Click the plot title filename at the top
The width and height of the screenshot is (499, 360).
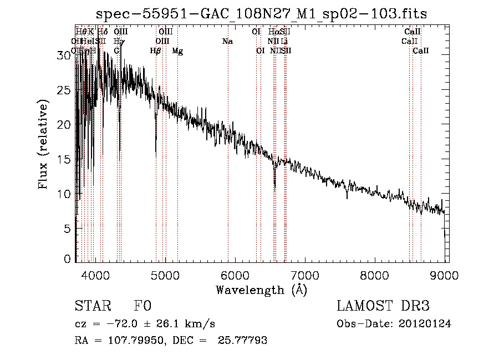pos(262,14)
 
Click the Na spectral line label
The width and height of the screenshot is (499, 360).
pos(227,42)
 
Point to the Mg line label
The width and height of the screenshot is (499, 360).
pos(177,51)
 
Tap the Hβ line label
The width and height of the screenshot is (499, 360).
pos(156,51)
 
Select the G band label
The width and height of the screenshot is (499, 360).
pos(116,51)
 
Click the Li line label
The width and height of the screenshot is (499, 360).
pos(284,42)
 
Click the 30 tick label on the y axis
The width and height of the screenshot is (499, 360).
pos(64,55)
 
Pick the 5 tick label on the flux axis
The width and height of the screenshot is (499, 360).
pos(68,229)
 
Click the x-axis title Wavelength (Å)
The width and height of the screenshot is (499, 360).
pos(261,290)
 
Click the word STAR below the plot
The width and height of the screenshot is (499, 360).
pos(93,306)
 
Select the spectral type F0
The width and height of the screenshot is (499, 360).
pos(142,306)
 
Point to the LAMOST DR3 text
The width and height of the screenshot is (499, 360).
pos(383,306)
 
